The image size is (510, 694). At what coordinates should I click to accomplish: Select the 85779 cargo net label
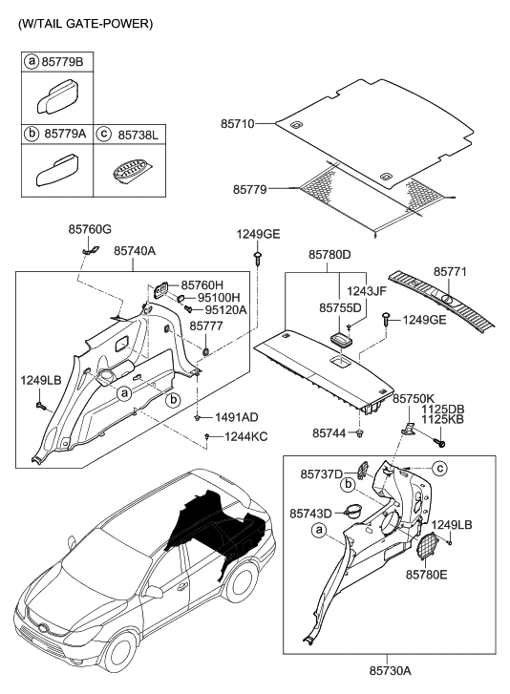(x=251, y=189)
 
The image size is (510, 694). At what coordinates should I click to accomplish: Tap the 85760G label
(x=90, y=230)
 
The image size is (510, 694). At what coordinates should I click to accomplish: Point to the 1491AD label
(x=237, y=417)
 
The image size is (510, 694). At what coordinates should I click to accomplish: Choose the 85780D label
(x=329, y=255)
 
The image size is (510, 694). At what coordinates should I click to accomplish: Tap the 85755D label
(x=340, y=308)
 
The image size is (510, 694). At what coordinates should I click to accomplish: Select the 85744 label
(x=329, y=432)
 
